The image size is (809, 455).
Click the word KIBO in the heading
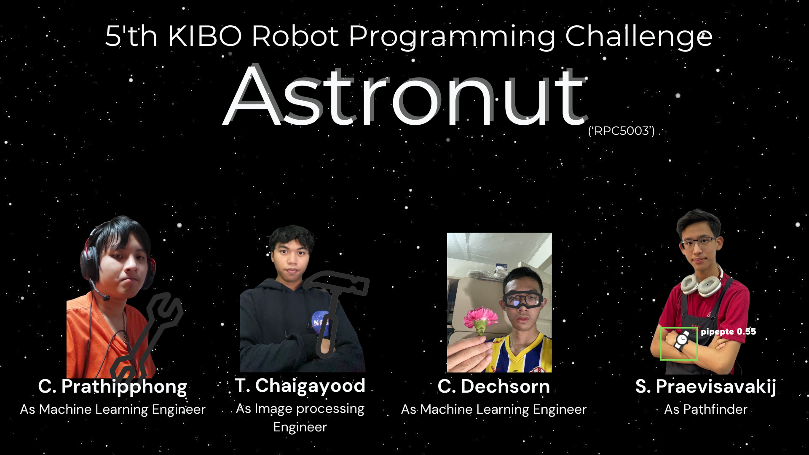click(205, 36)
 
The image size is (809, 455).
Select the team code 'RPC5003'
click(621, 131)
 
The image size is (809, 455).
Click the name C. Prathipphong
click(113, 387)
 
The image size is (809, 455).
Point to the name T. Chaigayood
click(300, 386)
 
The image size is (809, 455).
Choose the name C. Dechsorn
click(494, 386)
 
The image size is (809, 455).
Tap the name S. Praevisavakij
click(706, 387)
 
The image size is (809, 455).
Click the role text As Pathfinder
click(706, 409)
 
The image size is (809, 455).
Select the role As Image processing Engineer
click(300, 418)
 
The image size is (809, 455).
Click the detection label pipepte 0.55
click(728, 332)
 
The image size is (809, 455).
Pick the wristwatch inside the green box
click(682, 340)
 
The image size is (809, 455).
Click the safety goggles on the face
click(522, 300)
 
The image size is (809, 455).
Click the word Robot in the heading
click(295, 36)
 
